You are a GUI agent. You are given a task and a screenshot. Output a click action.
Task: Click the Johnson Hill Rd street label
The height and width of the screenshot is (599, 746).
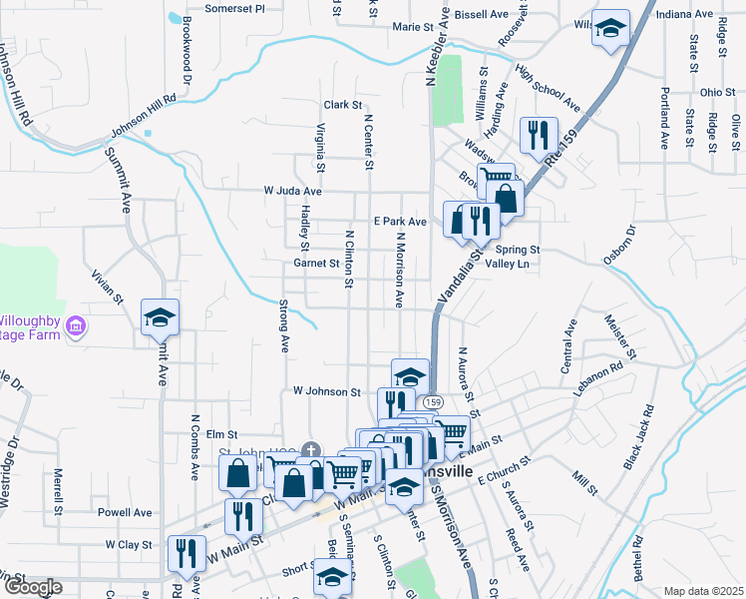(143, 115)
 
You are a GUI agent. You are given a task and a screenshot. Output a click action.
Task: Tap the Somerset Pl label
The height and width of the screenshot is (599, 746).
(234, 8)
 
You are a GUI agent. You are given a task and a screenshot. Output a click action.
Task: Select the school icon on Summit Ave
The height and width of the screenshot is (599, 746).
(160, 318)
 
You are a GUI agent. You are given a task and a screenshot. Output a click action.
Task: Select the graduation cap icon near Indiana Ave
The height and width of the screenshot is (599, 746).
(611, 29)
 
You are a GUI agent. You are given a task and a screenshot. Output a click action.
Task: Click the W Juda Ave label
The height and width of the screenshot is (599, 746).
(292, 191)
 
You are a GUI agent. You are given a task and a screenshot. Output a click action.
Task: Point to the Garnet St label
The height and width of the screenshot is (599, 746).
(316, 264)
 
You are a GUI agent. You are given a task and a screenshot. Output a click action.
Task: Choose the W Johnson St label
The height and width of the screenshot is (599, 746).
(326, 392)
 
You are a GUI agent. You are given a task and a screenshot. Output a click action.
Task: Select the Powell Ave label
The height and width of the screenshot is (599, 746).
(125, 512)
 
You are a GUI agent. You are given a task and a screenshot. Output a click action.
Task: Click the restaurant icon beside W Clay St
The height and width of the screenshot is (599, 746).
(186, 553)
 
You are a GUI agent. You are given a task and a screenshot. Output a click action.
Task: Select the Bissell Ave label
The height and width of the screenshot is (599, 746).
(481, 16)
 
